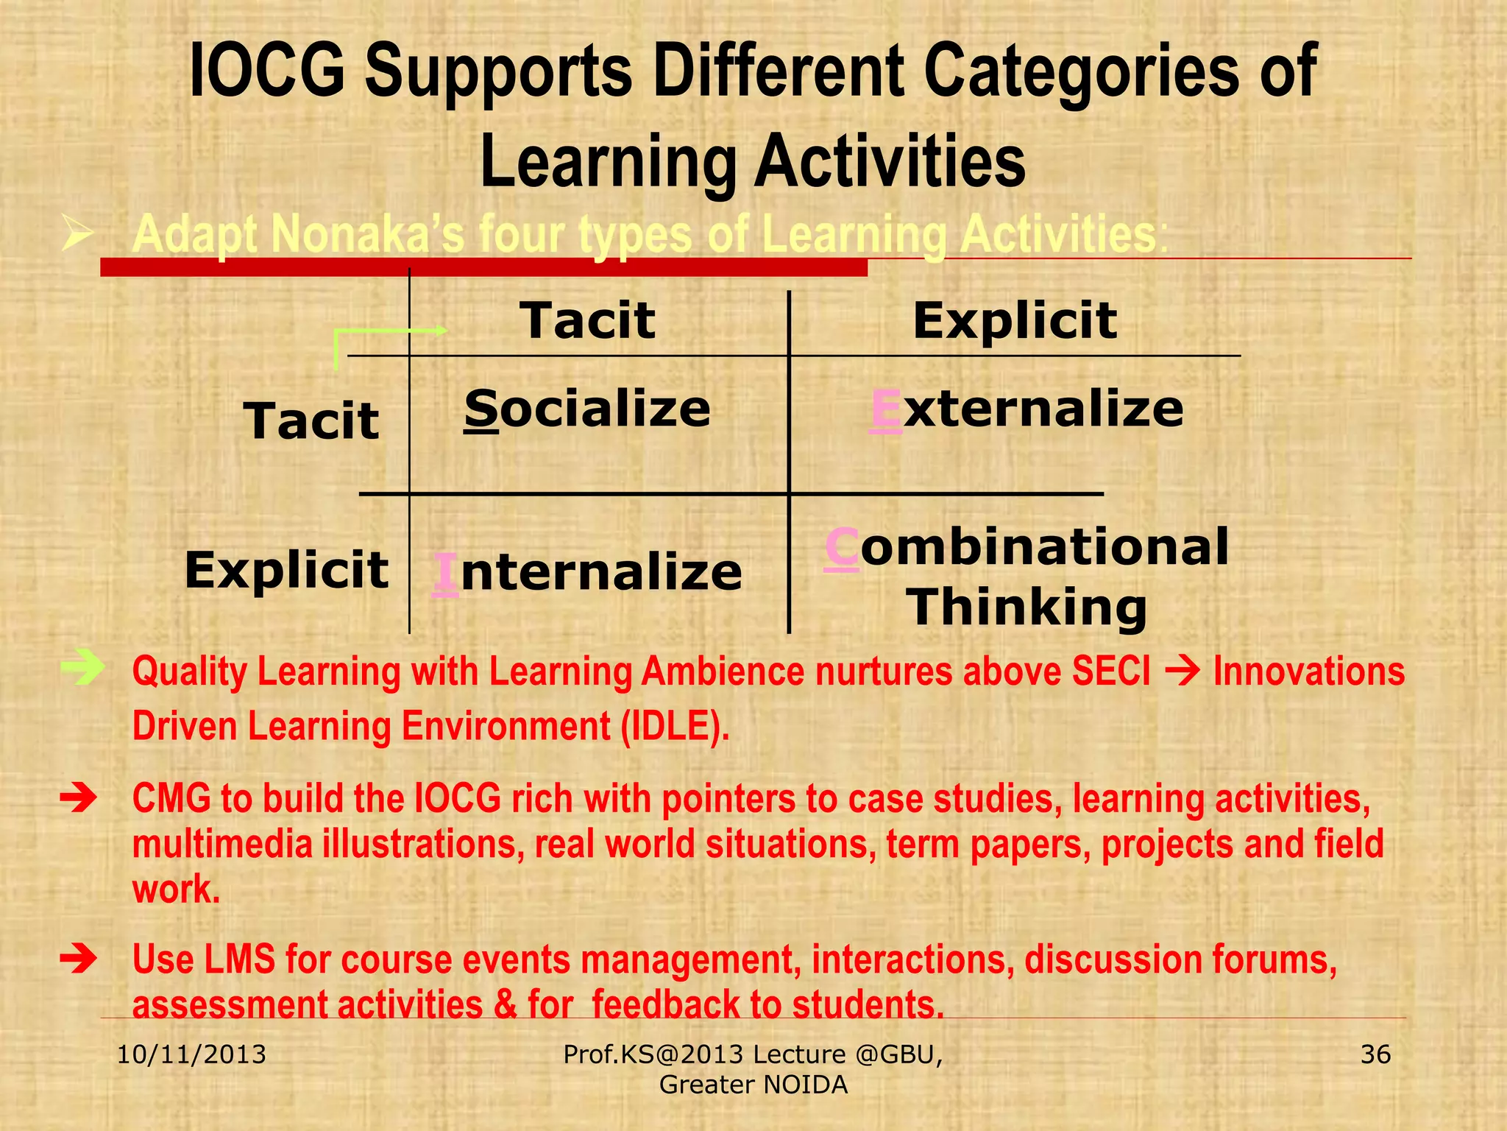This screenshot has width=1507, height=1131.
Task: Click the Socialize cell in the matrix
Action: (x=587, y=409)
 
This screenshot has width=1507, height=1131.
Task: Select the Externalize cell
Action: (x=1026, y=409)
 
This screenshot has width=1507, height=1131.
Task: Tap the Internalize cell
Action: (x=587, y=572)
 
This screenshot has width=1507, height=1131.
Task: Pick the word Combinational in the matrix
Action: (x=1026, y=547)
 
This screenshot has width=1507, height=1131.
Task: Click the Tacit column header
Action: (x=587, y=320)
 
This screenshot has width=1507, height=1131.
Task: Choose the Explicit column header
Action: (x=1015, y=320)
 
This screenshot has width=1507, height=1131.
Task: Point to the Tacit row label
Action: (x=311, y=421)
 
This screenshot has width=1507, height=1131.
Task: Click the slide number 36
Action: (x=1375, y=1054)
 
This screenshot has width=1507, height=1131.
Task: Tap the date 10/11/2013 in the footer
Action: (x=191, y=1054)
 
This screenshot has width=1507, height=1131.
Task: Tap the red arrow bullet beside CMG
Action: (x=79, y=798)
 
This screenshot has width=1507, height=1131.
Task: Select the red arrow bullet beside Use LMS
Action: (x=79, y=959)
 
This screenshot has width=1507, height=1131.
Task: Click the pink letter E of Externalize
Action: (x=885, y=409)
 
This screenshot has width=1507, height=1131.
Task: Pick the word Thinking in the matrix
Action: (x=1026, y=607)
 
